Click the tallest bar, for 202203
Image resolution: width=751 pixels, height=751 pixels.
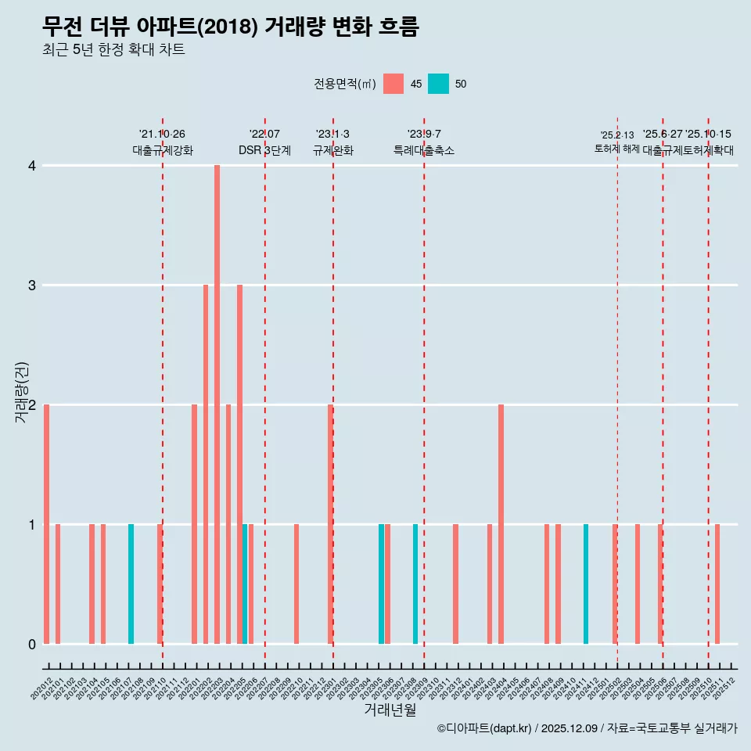coord(217,404)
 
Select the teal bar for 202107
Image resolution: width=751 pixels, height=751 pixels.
coord(131,584)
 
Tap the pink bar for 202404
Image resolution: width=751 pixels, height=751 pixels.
coord(501,524)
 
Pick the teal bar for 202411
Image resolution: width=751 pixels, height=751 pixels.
coord(586,584)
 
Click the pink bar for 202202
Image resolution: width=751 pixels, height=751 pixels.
coord(206,464)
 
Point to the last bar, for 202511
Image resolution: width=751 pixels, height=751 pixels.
coord(717,584)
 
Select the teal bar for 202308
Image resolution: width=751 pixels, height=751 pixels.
coord(415,584)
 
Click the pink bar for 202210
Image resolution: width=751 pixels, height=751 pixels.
coord(296,584)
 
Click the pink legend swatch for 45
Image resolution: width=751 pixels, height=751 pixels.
coord(393,84)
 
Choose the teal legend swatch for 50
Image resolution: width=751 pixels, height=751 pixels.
coord(439,84)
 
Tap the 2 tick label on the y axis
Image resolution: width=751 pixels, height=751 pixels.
coord(32,405)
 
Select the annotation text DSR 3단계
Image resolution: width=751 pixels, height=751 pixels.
coord(264,150)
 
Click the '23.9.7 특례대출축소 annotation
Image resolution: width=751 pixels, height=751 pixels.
coord(424,142)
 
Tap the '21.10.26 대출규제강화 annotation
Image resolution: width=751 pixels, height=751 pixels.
coord(162,142)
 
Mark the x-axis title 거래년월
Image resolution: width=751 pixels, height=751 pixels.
coord(390,710)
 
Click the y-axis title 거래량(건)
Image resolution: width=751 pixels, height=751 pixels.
coord(21,392)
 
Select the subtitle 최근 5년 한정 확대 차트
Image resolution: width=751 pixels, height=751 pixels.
coord(114,50)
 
